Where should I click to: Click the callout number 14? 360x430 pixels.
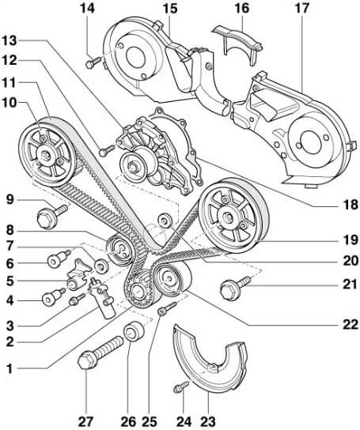[87, 8]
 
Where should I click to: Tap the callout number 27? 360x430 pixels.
[85, 421]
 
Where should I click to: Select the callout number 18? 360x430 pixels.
[351, 205]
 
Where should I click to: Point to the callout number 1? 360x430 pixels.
[9, 369]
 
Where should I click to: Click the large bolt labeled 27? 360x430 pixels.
[100, 351]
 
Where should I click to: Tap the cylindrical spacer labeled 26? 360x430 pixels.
[134, 330]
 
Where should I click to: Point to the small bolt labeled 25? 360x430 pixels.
[166, 308]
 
